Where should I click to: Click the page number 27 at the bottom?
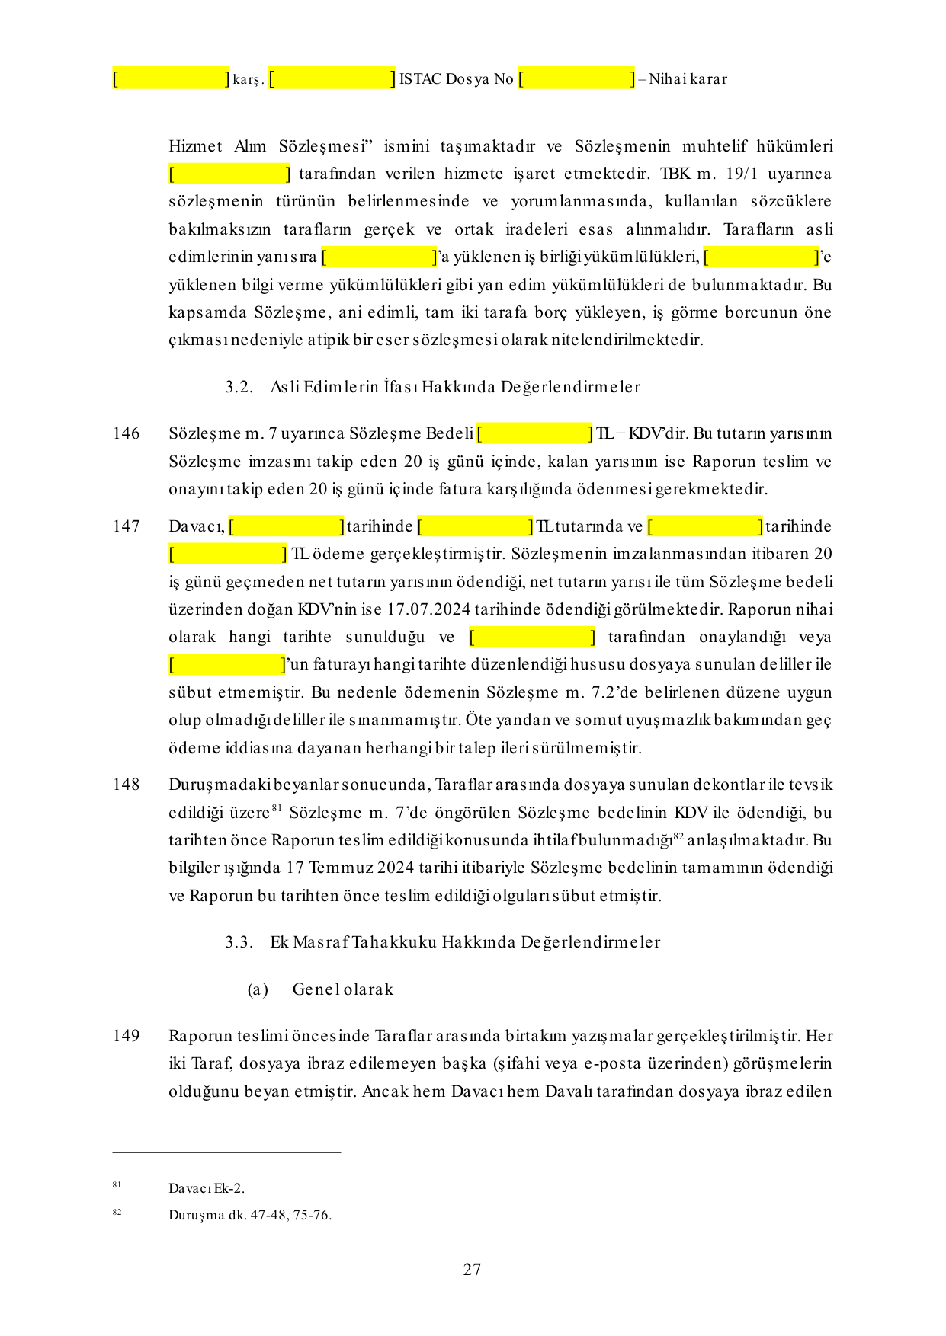click(472, 1269)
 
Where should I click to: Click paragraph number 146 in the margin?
click(127, 433)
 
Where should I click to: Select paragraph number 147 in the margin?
click(127, 526)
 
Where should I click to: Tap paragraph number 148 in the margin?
click(127, 785)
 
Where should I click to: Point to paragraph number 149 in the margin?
click(127, 1036)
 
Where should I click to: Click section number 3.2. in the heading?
click(239, 387)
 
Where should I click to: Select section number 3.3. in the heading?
click(239, 942)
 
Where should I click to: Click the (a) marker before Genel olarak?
click(258, 989)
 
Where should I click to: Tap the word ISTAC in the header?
click(420, 79)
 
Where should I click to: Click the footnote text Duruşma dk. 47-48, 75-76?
click(250, 1215)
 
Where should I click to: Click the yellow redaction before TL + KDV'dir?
click(534, 433)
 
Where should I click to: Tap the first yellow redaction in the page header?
click(171, 78)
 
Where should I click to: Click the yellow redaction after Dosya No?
click(576, 78)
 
